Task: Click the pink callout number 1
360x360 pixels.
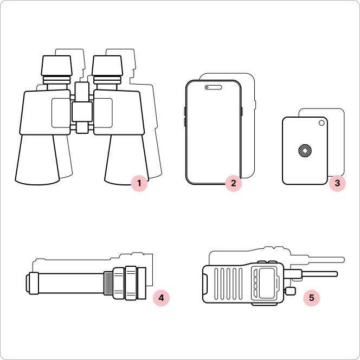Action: coord(139,183)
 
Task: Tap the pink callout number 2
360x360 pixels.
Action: coord(234,183)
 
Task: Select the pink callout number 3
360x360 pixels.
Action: coord(337,183)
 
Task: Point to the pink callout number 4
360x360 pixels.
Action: coord(161,298)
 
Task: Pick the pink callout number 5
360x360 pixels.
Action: coord(311,298)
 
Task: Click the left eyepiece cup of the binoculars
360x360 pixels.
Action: coord(57,66)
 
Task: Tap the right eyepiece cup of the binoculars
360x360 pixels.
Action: coord(107,66)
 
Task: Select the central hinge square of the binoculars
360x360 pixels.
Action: coord(82,112)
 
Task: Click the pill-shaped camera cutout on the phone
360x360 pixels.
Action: coord(214,87)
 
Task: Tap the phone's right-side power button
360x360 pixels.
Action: coord(242,111)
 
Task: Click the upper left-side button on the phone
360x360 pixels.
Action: coord(185,111)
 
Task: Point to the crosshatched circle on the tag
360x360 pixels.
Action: coord(305,151)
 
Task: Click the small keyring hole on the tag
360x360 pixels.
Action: coord(322,123)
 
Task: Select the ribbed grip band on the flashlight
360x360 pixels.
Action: coord(108,283)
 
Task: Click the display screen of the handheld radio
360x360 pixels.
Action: coord(267,283)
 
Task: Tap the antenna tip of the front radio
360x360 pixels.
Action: coord(336,274)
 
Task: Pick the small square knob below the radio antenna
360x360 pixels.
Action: coord(291,291)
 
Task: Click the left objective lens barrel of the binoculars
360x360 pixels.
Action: coord(37,159)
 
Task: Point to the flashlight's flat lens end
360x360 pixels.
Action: coord(142,283)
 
